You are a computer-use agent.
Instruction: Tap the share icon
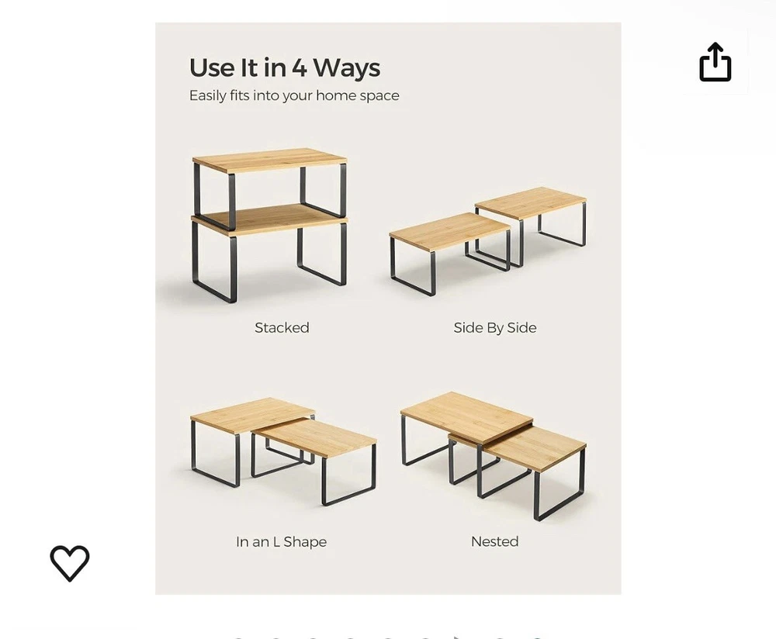715,62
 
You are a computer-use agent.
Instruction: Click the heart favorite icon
70,563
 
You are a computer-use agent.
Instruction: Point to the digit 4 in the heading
300,67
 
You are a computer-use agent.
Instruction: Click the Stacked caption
282,327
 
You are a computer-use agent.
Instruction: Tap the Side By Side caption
495,328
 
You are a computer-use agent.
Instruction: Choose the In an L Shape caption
281,542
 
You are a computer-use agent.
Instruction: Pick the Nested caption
495,541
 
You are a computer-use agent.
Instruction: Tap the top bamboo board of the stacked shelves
270,160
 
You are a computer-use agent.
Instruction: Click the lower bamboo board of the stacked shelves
270,219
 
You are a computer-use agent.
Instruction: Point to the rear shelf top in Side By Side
531,202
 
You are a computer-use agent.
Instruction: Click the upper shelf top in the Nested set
466,416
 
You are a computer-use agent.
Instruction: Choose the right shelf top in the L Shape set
315,437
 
